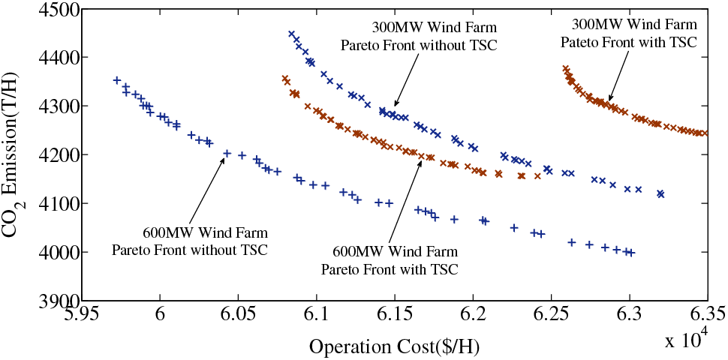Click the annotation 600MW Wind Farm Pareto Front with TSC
(390, 258)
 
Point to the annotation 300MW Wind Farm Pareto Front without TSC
(419, 37)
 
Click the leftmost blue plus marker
(116, 79)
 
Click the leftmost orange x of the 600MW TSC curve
(285, 79)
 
